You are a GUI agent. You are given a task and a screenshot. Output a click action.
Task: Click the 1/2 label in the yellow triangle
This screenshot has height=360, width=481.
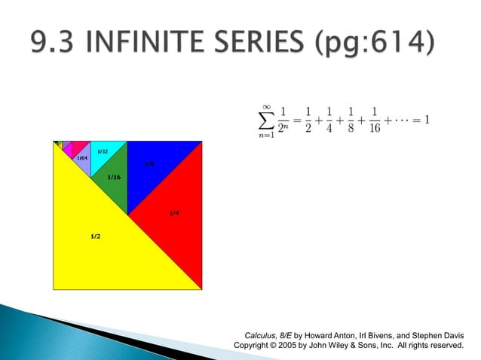click(x=96, y=236)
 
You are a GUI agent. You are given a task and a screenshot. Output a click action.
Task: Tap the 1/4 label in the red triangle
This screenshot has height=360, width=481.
click(x=174, y=213)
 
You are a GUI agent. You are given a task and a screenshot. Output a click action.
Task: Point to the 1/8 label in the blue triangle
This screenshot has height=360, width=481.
click(x=149, y=163)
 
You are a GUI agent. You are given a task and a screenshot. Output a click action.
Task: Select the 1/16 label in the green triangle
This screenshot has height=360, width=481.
click(x=114, y=177)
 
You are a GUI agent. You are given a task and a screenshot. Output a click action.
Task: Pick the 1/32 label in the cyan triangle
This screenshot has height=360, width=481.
click(x=102, y=152)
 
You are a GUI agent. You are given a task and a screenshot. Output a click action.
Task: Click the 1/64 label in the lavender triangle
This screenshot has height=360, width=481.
click(x=82, y=158)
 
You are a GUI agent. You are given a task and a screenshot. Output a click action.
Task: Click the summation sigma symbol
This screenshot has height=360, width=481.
click(x=265, y=121)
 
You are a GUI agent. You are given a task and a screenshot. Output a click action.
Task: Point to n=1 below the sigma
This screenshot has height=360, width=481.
click(x=265, y=136)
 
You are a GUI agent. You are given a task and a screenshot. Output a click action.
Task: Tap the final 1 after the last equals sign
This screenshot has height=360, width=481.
click(x=426, y=121)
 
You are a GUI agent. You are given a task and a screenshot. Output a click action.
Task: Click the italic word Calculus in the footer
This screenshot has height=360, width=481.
click(x=263, y=334)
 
